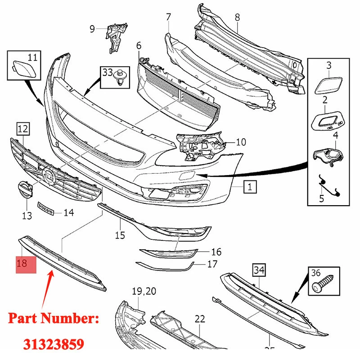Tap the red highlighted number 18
coord(22,263)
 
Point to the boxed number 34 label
coord(259,270)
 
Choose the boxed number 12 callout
coord(22,130)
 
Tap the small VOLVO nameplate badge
coord(45,210)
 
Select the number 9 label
coord(92,30)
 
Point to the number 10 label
coord(241,143)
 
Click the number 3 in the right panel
coord(328,66)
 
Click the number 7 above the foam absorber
coord(168,18)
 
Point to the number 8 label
coord(237,18)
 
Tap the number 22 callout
coord(200,319)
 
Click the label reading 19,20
coord(144,292)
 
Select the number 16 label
coord(216,252)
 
